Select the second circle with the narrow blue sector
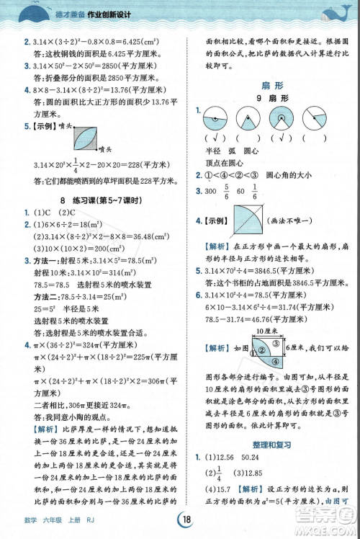248,117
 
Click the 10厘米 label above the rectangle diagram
262,330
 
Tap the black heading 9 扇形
266,97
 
